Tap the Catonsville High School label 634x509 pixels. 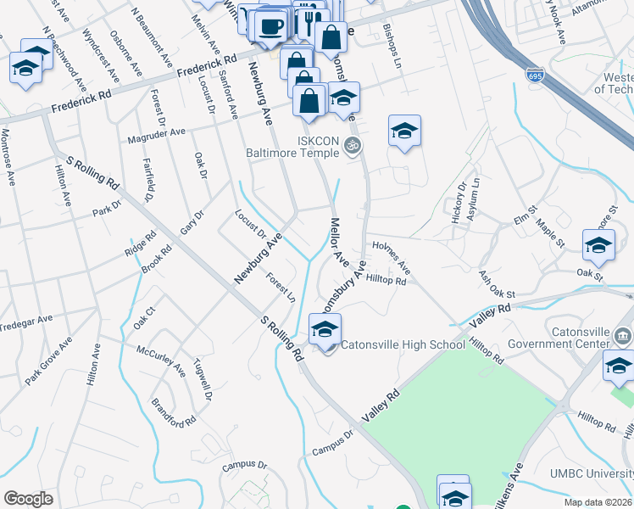[403, 344]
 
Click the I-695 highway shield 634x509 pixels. [535, 75]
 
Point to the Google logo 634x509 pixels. [28, 499]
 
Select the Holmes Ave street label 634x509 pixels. [391, 255]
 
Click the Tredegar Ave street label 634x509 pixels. [25, 323]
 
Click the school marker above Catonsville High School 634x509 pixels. [325, 330]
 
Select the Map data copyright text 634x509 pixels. [598, 502]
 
